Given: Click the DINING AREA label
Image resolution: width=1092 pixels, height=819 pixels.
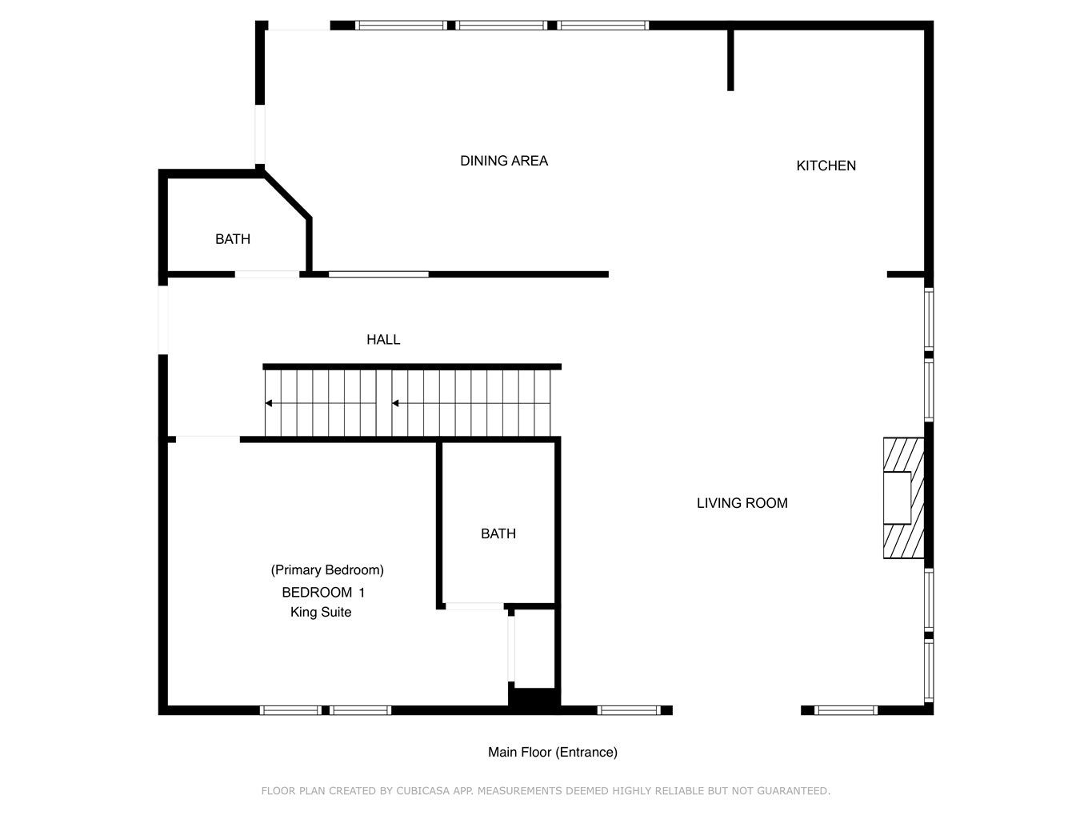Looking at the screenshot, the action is [503, 161].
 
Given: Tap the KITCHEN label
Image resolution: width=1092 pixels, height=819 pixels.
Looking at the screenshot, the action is [826, 166].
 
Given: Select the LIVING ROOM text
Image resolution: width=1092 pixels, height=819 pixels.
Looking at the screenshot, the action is [742, 503].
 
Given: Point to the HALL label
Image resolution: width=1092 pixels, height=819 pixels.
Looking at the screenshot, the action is [383, 340].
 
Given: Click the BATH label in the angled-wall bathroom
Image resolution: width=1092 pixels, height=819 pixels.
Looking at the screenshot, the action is [232, 239].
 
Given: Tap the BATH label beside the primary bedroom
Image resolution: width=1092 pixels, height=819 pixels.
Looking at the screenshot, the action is [498, 533].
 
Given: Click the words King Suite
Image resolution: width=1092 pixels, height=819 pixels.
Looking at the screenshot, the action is [321, 612].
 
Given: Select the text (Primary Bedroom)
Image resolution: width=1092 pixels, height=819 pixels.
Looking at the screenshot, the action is [327, 570].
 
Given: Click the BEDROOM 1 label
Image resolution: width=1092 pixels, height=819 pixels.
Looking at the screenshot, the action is [323, 592].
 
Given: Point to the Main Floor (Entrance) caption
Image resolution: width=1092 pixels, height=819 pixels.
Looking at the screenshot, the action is [552, 752].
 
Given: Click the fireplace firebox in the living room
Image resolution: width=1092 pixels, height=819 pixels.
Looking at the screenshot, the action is [897, 497].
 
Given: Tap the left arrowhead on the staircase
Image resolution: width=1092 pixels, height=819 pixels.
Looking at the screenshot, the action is [269, 403].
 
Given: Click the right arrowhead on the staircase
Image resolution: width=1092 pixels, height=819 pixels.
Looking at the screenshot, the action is [395, 403].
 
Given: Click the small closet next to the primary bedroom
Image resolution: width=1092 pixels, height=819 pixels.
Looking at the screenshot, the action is [534, 649].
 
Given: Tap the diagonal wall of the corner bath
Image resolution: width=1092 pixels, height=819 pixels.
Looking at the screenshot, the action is [287, 194].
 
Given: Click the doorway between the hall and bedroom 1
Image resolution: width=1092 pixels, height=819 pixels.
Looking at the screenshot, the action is [208, 439].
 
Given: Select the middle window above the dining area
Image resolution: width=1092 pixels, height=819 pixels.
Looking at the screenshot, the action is [501, 26].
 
